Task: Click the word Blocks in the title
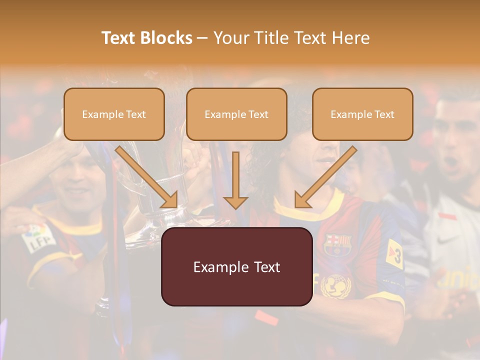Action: (x=165, y=38)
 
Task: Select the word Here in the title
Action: (x=351, y=38)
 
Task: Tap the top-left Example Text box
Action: (x=114, y=114)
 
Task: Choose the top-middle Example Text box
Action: (x=236, y=114)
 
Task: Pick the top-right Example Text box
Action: (x=362, y=114)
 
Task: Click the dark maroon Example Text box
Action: (x=236, y=267)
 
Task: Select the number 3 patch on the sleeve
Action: (x=395, y=253)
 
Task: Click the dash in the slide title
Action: (x=202, y=38)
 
